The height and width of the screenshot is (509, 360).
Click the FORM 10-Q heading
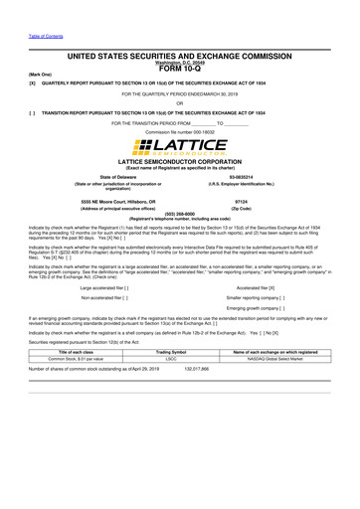179,69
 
